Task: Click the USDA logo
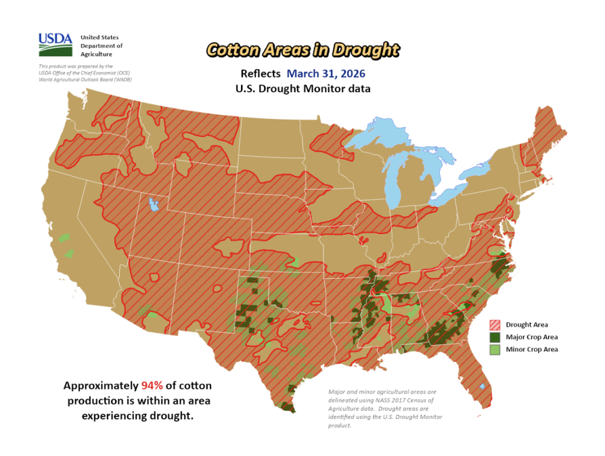pyautogui.click(x=55, y=45)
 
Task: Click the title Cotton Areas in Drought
pyautogui.click(x=302, y=50)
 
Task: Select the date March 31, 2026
pyautogui.click(x=328, y=74)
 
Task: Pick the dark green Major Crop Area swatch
pyautogui.click(x=495, y=337)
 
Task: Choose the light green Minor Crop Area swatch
pyautogui.click(x=495, y=350)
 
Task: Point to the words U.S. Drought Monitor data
pyautogui.click(x=302, y=89)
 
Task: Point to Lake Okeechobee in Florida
pyautogui.click(x=480, y=386)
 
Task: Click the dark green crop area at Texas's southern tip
pyautogui.click(x=288, y=407)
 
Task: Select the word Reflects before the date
pyautogui.click(x=261, y=74)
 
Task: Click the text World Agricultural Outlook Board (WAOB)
pyautogui.click(x=85, y=80)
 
